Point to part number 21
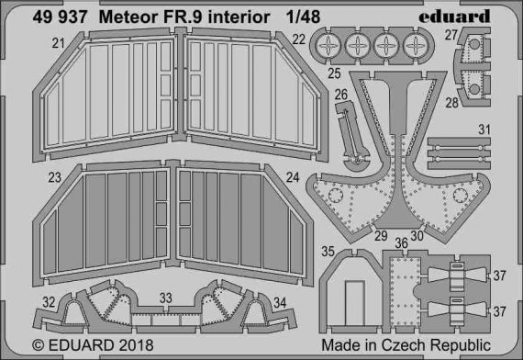pos(32,42)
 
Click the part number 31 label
pos(484,130)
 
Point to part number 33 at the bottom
pos(165,298)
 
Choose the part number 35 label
pos(328,249)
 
